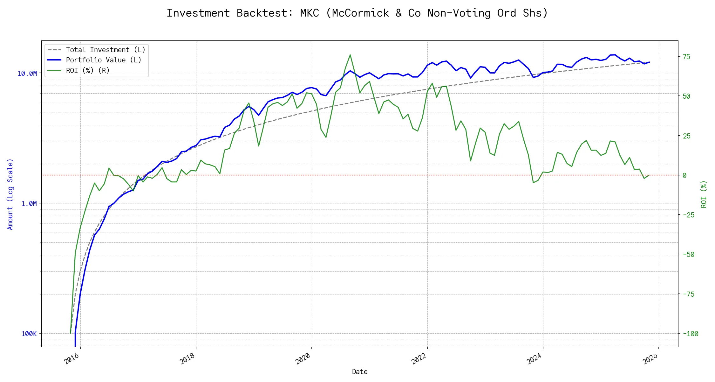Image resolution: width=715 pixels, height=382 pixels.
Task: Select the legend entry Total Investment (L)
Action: pos(105,50)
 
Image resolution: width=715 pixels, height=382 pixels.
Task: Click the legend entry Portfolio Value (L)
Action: pos(103,60)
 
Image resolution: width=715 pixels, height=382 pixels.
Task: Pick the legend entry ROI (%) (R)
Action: pos(87,70)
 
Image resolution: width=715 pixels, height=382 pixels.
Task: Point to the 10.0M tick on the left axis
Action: pos(27,74)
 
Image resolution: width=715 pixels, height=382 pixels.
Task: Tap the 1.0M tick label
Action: pos(29,203)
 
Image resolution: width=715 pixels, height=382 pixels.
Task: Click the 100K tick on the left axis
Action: pos(29,334)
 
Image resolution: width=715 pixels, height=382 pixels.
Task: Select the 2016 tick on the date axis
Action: pos(72,359)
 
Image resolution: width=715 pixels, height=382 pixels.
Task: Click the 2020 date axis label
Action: pos(303,359)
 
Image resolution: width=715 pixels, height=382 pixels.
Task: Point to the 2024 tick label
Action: pos(535,359)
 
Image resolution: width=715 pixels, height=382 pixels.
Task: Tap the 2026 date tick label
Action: pos(650,359)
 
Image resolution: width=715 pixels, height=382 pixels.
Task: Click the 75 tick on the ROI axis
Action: pos(686,57)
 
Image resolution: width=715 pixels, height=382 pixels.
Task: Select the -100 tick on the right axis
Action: pos(690,334)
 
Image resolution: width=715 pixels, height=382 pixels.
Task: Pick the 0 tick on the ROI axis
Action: pos(684,175)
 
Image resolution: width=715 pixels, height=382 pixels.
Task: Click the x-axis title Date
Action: pos(360,372)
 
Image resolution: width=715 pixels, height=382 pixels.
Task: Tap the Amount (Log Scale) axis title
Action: pos(10,194)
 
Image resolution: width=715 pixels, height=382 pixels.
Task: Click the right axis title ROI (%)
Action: pos(704,194)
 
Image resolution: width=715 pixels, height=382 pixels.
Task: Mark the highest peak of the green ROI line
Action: pos(350,55)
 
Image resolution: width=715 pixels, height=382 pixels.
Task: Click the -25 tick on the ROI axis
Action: pos(688,215)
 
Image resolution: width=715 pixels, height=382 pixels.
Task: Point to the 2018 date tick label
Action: pos(187,359)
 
